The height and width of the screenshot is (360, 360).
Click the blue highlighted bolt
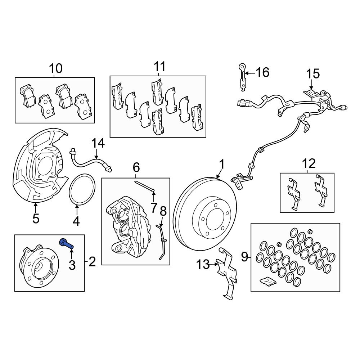[x=66, y=243]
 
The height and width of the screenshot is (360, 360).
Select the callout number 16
[x=262, y=72]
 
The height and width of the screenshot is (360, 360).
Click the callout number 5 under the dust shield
[x=35, y=218]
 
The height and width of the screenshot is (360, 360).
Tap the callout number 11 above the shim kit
[x=159, y=67]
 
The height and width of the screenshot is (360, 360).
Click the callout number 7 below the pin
[x=154, y=207]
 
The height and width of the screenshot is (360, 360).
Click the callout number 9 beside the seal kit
[x=244, y=257]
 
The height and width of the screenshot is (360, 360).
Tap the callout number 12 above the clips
[x=309, y=164]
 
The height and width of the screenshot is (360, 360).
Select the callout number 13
[x=203, y=265]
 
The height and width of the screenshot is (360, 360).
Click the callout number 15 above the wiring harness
[x=312, y=74]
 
